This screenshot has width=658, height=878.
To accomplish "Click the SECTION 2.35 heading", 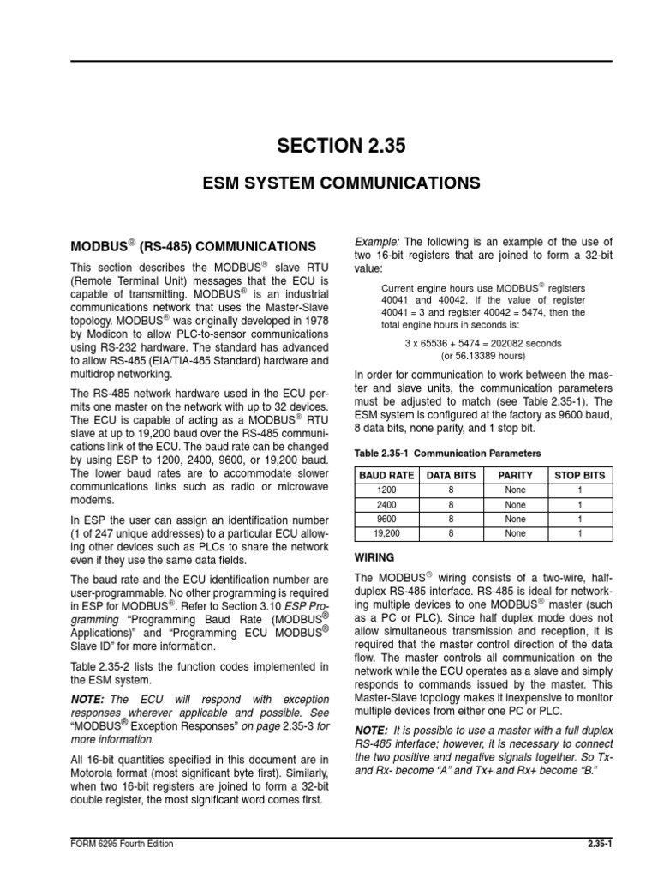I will point(340,147).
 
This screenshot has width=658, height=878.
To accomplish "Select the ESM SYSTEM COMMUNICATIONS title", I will point(340,183).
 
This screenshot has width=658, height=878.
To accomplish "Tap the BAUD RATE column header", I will point(387,474).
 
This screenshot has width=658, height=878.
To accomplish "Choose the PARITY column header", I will point(515,474).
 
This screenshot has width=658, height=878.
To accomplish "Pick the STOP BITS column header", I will point(579,474).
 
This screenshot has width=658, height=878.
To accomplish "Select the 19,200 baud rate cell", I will point(387,533).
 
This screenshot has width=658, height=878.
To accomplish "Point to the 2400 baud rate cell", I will point(387,504).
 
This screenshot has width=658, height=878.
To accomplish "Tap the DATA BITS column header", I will point(452,474).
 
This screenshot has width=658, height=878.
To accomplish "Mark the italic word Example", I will point(376,241).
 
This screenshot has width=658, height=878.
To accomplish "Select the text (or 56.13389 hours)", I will point(483,356).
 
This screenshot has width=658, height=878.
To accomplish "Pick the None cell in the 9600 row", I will point(515,519).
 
